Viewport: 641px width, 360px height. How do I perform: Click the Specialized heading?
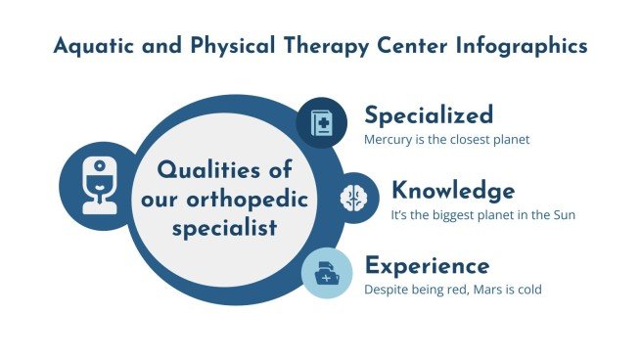coord(429,115)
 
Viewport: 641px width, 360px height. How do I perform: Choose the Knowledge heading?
coord(452,190)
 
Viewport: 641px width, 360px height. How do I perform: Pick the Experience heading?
coord(427,265)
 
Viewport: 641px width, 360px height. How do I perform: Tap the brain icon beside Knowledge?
coord(352,198)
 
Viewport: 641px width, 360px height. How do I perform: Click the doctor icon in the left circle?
coord(96,185)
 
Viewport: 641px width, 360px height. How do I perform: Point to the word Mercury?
coord(388,139)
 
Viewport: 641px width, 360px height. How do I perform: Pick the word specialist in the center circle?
coord(226,229)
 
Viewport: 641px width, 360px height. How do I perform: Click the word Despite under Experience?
coord(387,290)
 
